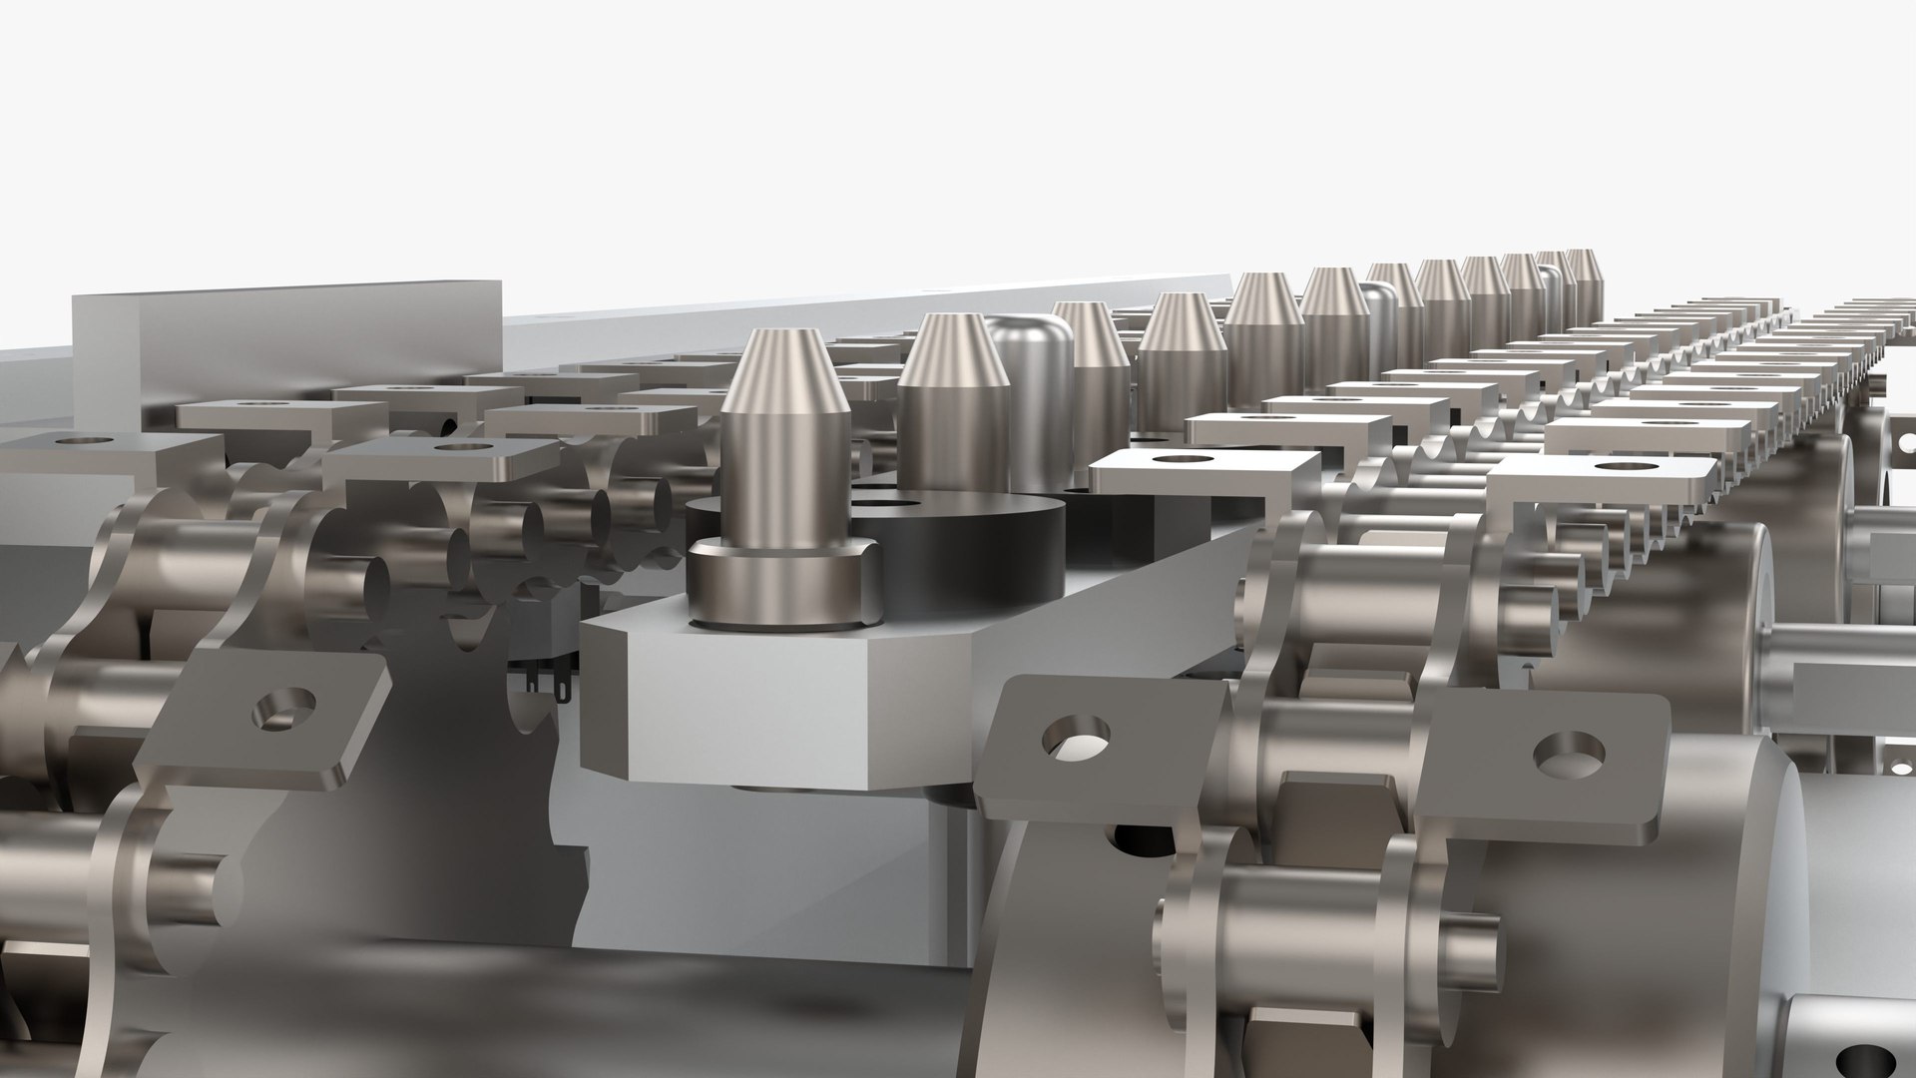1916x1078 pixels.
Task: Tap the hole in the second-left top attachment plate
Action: coord(460,446)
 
